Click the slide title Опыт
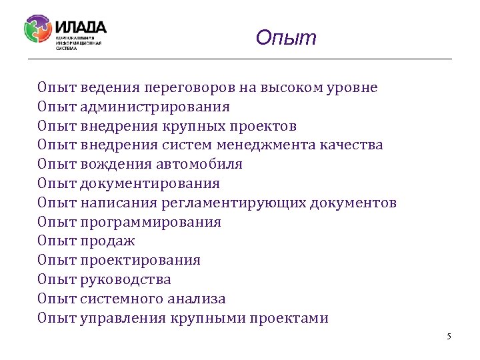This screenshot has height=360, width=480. (286, 38)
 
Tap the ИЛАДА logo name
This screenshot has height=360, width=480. (81, 27)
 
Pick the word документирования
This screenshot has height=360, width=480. (150, 183)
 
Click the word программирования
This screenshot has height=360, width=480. (151, 222)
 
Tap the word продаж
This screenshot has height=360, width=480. (107, 241)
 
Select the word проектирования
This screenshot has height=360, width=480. (140, 261)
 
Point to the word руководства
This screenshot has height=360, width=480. (125, 280)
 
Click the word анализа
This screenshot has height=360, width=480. (199, 299)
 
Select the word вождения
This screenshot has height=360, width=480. (113, 164)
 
